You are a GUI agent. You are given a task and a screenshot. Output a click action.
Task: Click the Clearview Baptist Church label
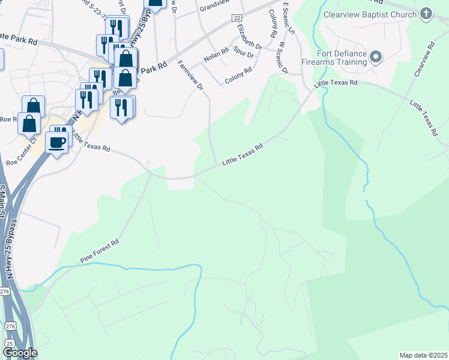pyautogui.click(x=369, y=14)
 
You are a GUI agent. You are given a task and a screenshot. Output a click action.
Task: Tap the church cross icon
pyautogui.click(x=426, y=14)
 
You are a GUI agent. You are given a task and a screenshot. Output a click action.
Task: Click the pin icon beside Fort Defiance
pyautogui.click(x=376, y=58)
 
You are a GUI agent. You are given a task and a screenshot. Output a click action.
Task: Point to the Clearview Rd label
pyautogui.click(x=423, y=59)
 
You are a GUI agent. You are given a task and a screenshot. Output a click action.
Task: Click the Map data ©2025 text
pyautogui.click(x=423, y=355)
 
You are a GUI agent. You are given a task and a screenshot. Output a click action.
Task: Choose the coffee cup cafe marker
pyautogui.click(x=58, y=142)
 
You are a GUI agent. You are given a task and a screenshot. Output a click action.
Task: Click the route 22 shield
pyautogui.click(x=237, y=19)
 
